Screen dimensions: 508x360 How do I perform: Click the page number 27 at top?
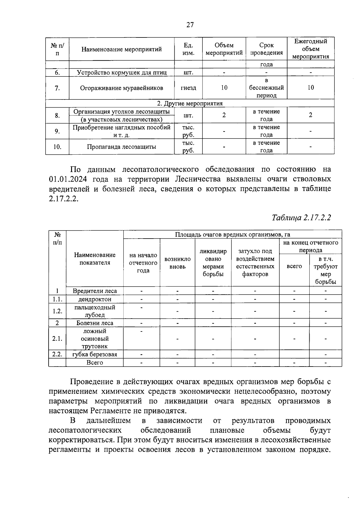(x=190, y=25)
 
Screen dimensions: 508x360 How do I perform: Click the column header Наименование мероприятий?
(x=121, y=49)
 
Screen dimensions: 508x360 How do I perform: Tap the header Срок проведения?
(x=266, y=49)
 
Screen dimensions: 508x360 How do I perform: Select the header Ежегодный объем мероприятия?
(x=310, y=49)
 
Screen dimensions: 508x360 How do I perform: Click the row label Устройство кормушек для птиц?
(x=121, y=73)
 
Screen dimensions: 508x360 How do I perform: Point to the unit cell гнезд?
(x=188, y=88)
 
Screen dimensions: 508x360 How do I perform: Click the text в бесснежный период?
(x=266, y=88)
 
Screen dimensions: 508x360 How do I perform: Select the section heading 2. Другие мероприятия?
(x=190, y=103)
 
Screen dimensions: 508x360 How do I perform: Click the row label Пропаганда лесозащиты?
(x=121, y=147)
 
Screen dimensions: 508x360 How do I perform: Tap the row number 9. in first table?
(x=57, y=131)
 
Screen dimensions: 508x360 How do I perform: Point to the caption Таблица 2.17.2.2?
(x=301, y=218)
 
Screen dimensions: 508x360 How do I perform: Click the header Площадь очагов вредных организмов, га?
(x=232, y=234)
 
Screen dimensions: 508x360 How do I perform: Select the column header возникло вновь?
(x=177, y=263)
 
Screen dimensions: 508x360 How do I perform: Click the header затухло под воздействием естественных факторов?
(x=255, y=263)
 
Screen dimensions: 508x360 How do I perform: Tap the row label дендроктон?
(x=95, y=299)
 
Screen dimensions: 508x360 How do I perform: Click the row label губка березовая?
(x=95, y=354)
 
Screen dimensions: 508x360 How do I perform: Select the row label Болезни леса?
(x=95, y=323)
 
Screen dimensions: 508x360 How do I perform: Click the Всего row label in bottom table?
(x=95, y=362)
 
